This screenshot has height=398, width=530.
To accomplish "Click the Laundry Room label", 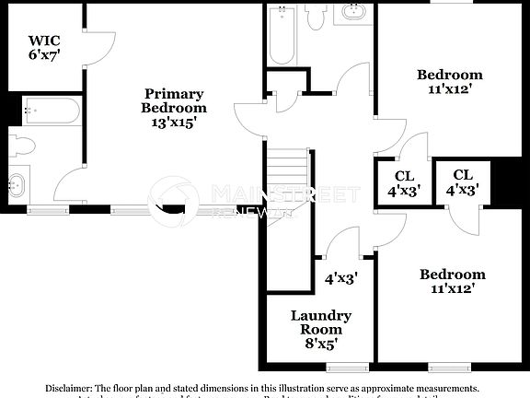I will click(321, 322).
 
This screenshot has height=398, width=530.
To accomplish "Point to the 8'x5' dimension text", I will click(321, 345).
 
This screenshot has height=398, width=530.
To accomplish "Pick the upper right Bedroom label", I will click(449, 75).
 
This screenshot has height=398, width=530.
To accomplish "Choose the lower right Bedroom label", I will click(452, 275).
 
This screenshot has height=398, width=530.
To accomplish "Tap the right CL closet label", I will click(463, 175).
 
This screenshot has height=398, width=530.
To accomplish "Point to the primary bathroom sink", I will click(17, 183).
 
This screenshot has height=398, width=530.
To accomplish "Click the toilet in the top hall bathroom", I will click(316, 16).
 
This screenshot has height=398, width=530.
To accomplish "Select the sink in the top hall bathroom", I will click(353, 13).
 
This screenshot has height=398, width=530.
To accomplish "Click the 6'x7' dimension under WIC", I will click(43, 56).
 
